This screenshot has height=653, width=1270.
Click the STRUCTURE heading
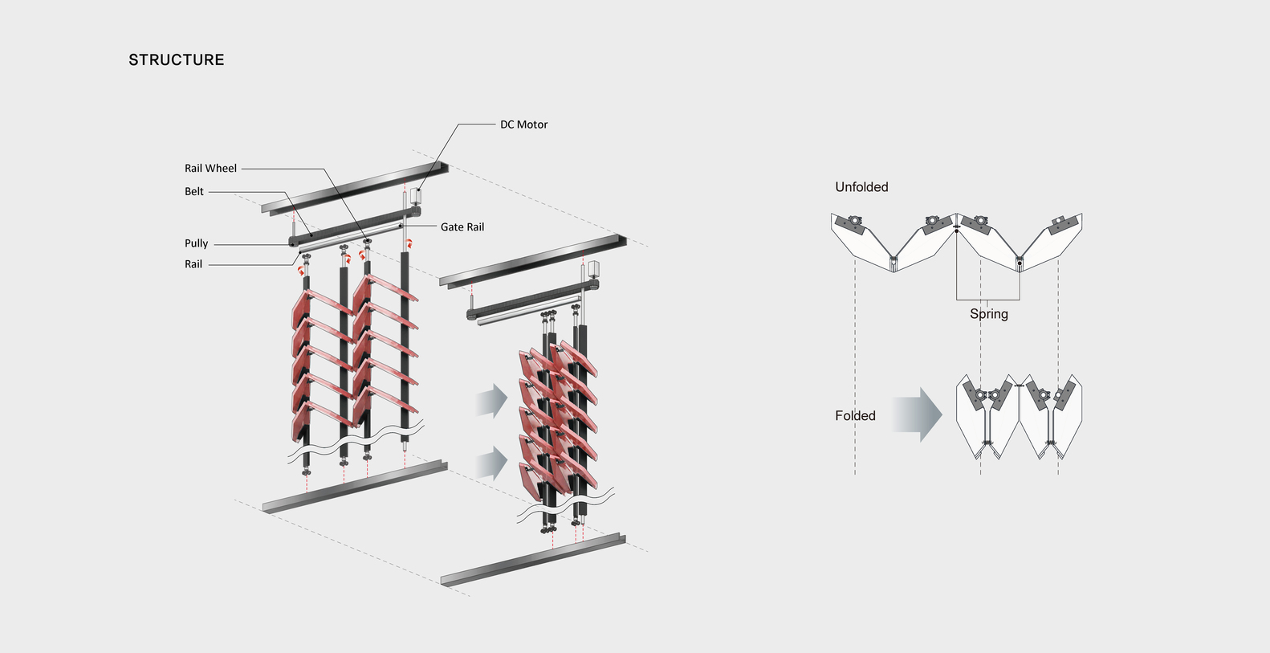tap(177, 60)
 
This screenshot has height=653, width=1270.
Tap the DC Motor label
tap(523, 124)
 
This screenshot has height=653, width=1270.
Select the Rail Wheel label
tap(210, 169)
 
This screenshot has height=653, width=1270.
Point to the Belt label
tap(194, 192)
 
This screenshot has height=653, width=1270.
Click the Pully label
tap(196, 243)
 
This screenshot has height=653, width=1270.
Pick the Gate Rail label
tap(462, 227)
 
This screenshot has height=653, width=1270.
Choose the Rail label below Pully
tap(193, 264)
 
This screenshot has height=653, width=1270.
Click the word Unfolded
tap(861, 187)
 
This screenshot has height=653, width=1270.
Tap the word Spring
tap(988, 314)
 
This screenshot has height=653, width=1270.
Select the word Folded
tap(855, 416)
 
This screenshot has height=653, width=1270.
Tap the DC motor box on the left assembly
tap(417, 195)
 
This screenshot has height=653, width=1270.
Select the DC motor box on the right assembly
tap(595, 269)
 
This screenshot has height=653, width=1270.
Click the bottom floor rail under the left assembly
tap(355, 487)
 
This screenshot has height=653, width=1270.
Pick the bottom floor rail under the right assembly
tap(533, 559)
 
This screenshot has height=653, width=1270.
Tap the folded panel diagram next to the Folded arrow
tap(1019, 416)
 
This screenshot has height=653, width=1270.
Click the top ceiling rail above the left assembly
tap(355, 188)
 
